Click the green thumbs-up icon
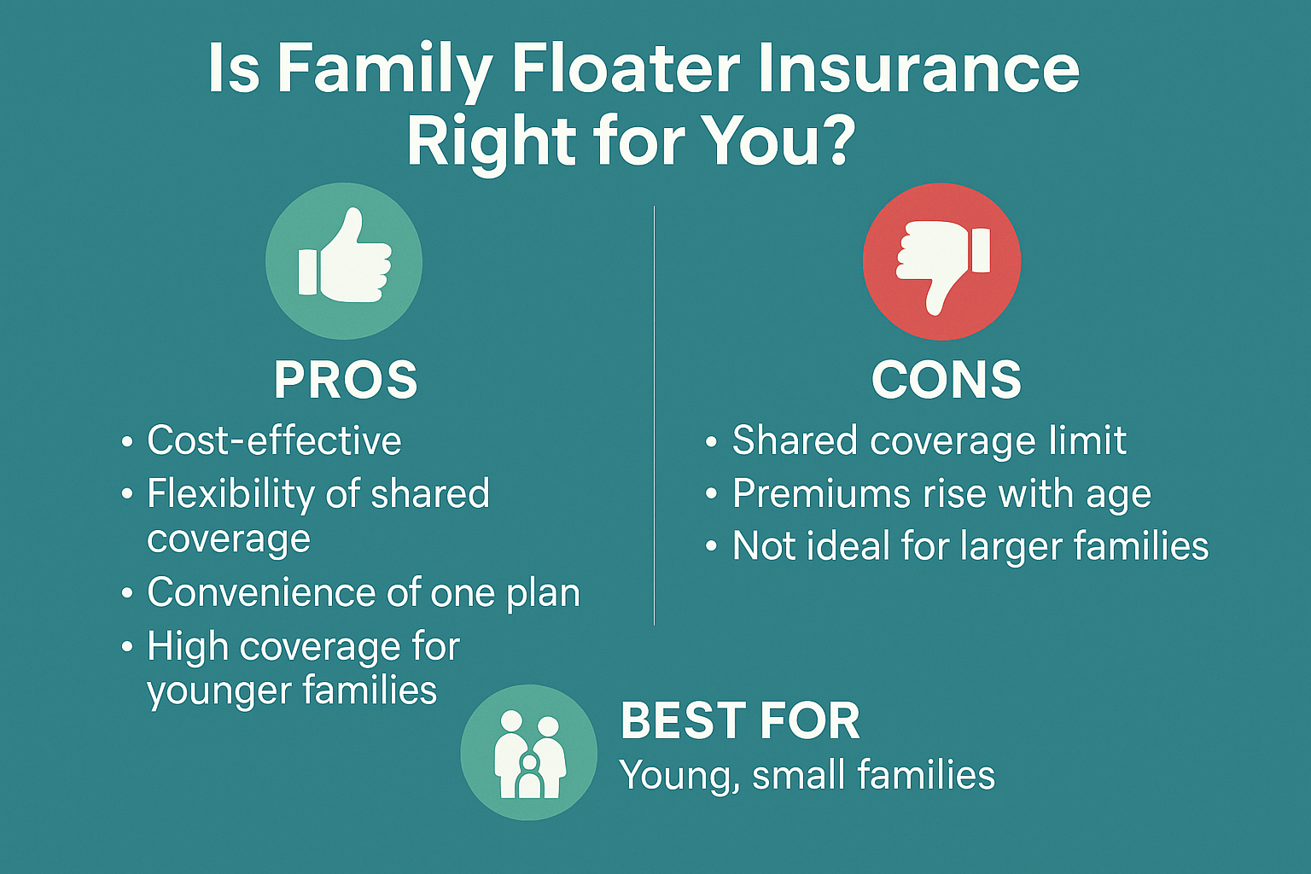(x=344, y=261)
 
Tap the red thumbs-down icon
(x=941, y=262)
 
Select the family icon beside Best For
(x=529, y=752)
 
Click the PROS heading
(x=346, y=381)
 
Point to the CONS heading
(x=947, y=381)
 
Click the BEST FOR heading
(x=740, y=721)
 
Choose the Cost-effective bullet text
(x=275, y=440)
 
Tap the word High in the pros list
(x=187, y=649)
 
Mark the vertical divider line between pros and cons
(x=654, y=415)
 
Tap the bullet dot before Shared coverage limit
(x=711, y=442)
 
